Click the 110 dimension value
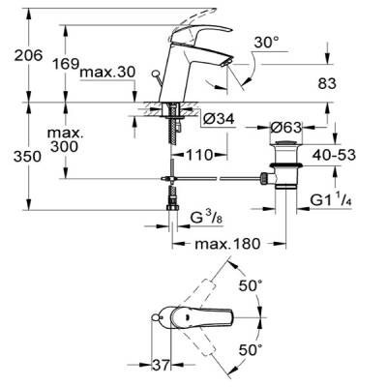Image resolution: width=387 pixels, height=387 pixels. point(200,156)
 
